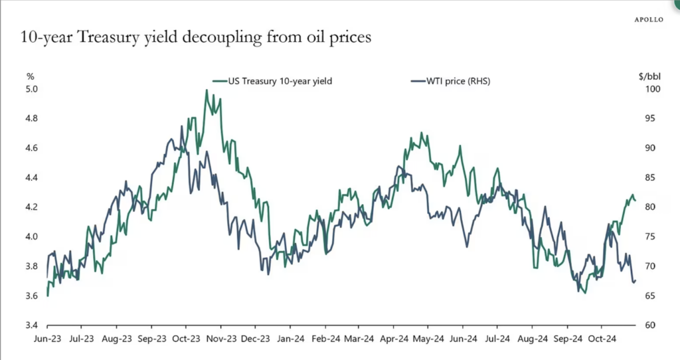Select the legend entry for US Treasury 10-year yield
[x=277, y=81]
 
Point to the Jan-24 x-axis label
[x=290, y=338]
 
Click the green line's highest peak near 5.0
[x=207, y=90]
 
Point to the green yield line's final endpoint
[x=636, y=200]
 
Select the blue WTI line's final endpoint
[x=636, y=280]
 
